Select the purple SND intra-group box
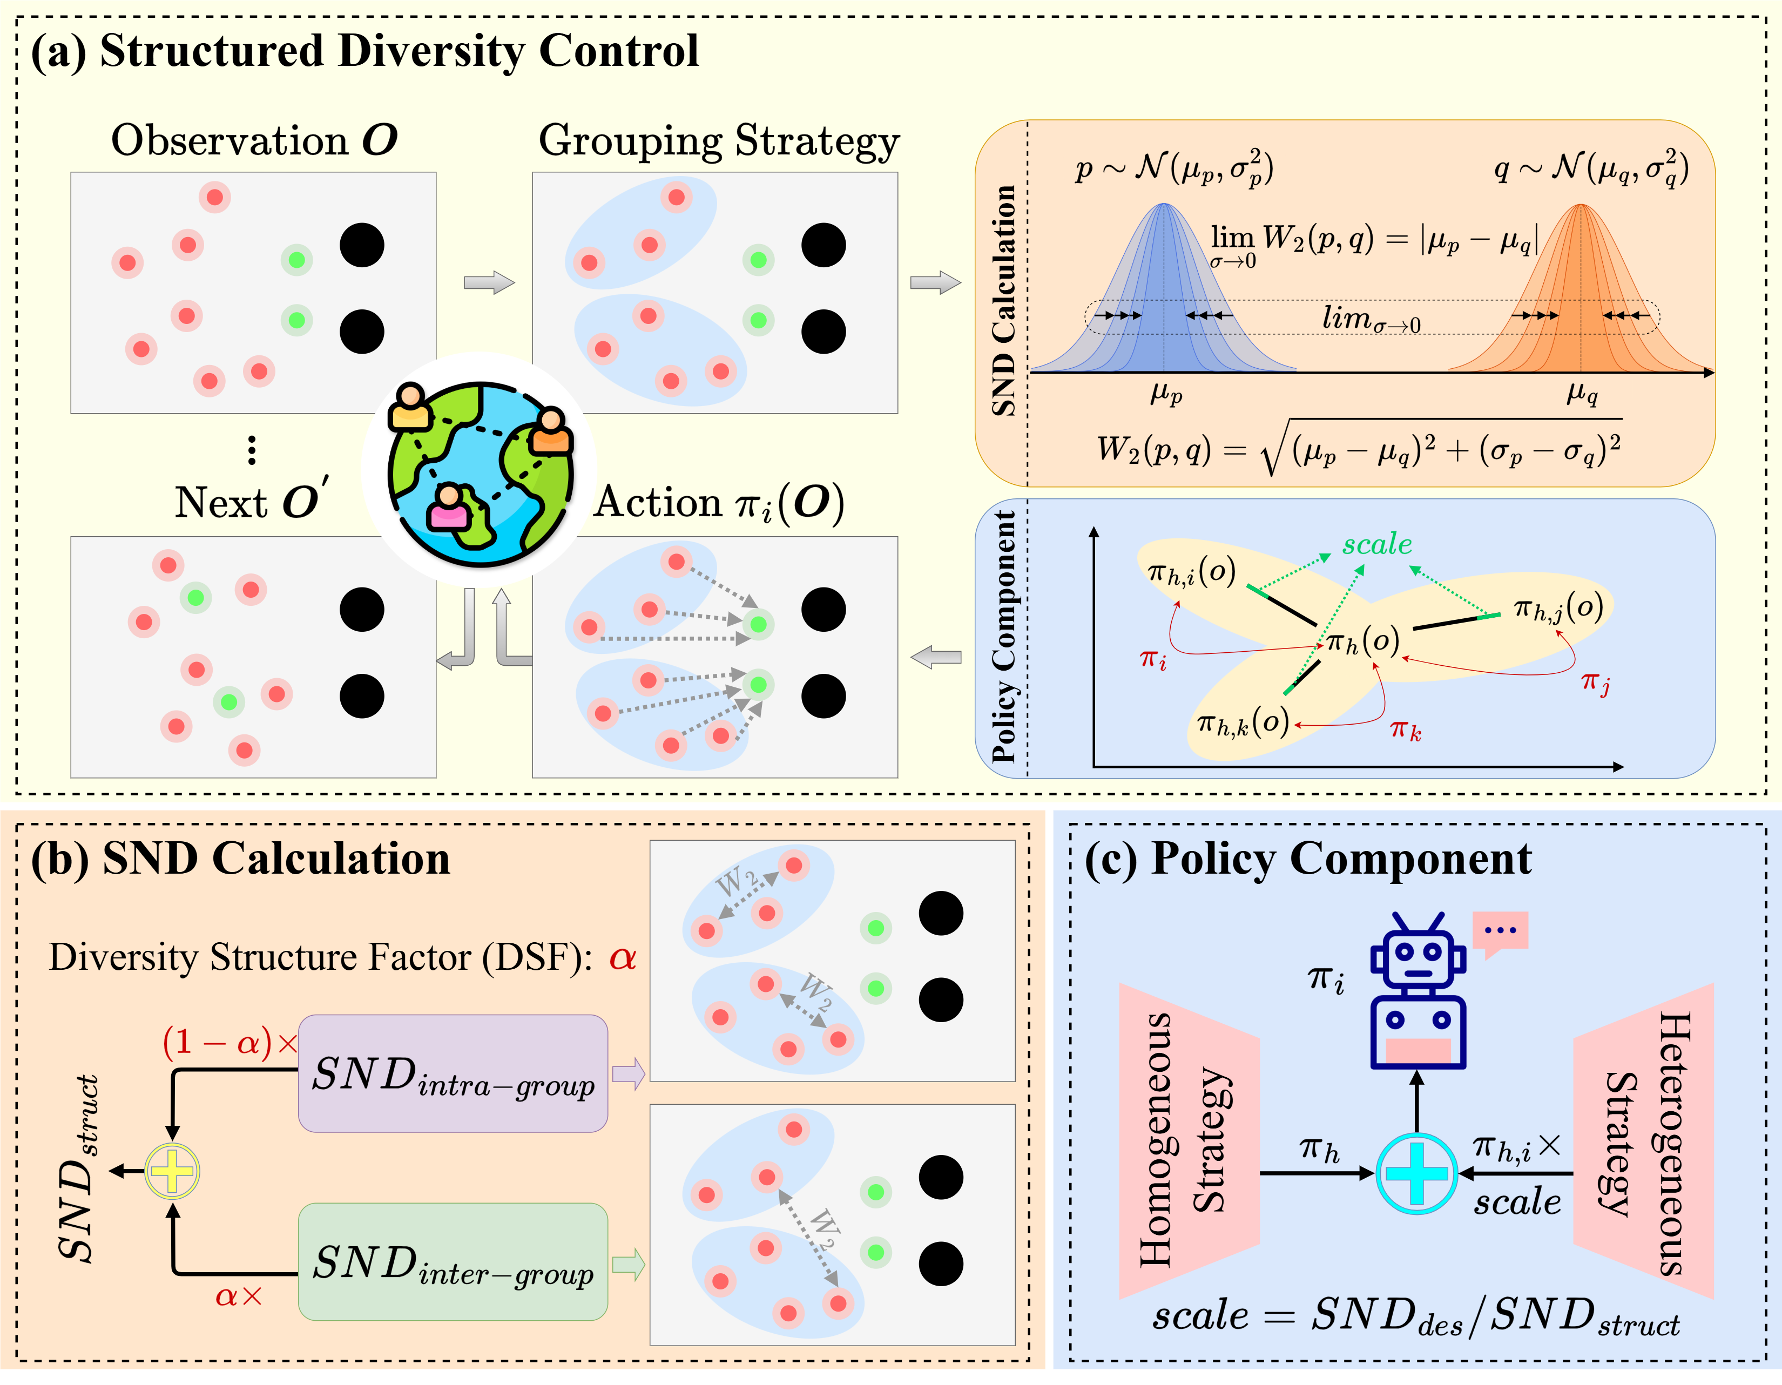(453, 1072)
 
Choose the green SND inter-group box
(453, 1261)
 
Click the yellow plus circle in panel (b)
(172, 1171)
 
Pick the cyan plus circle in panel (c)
(1416, 1173)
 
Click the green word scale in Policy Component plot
(1378, 544)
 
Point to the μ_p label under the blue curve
(1166, 395)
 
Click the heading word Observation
(230, 141)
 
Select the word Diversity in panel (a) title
(433, 51)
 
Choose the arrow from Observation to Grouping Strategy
(489, 283)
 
